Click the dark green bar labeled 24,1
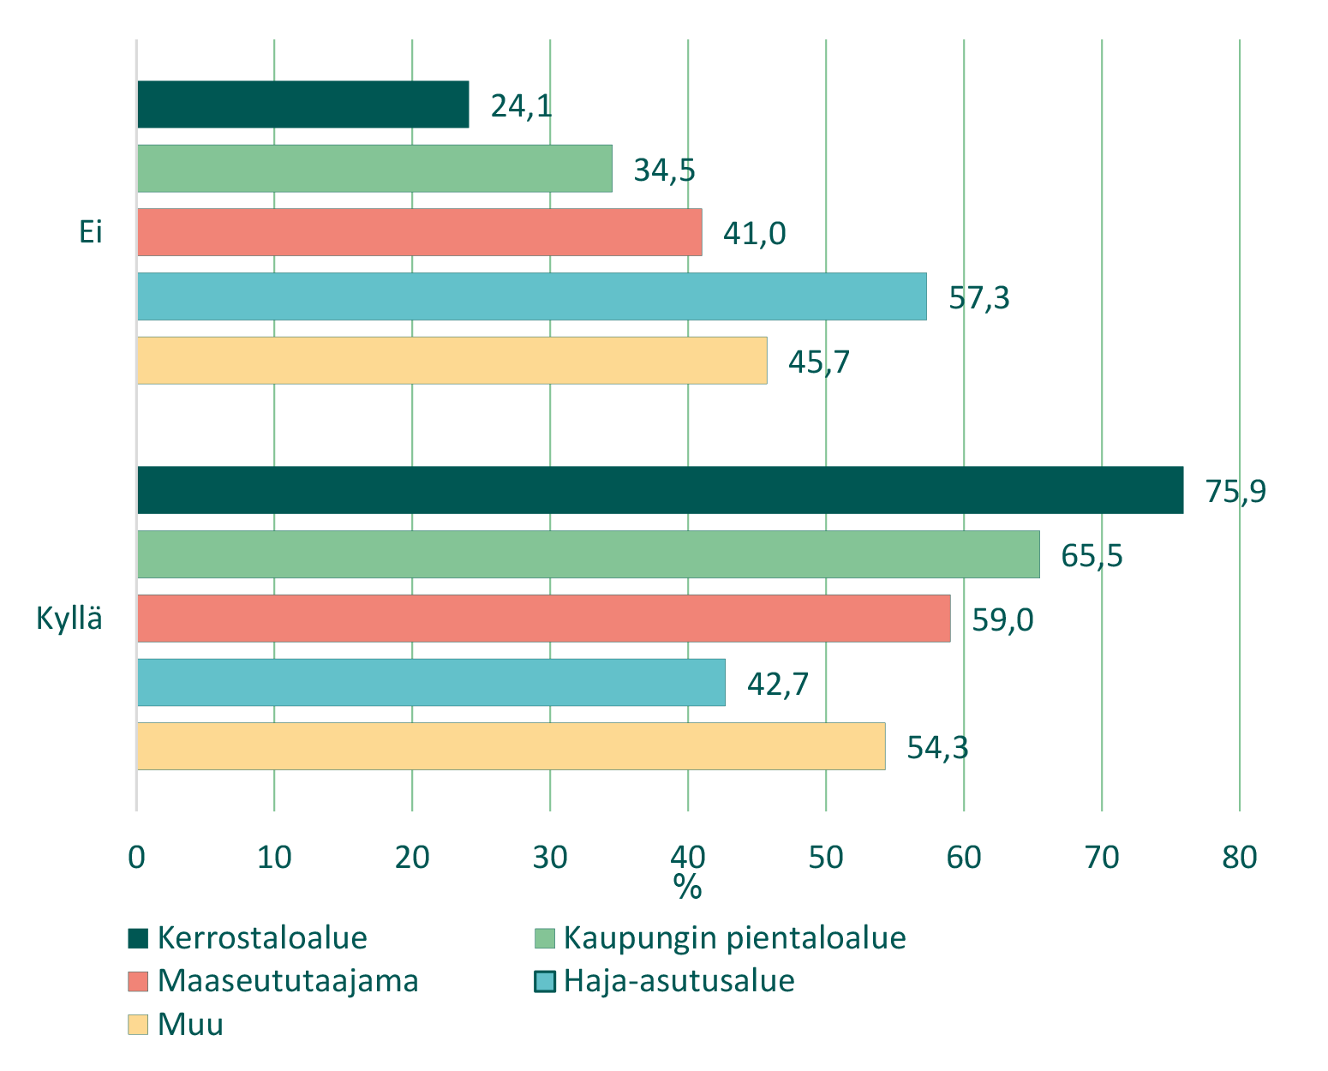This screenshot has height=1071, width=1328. pyautogui.click(x=303, y=105)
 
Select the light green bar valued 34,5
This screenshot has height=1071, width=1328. pyautogui.click(x=374, y=169)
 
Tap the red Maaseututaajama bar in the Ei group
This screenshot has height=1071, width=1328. pyautogui.click(x=420, y=232)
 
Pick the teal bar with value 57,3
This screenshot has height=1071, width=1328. pyautogui.click(x=532, y=296)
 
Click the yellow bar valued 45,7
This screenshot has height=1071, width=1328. pyautogui.click(x=452, y=361)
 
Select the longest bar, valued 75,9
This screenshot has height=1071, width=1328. pyautogui.click(x=660, y=490)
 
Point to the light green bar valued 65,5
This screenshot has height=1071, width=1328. pyautogui.click(x=589, y=554)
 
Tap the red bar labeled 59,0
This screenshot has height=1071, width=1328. pyautogui.click(x=544, y=619)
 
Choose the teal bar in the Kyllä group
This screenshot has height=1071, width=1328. pyautogui.click(x=431, y=683)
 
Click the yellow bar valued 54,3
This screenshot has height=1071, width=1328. pyautogui.click(x=511, y=746)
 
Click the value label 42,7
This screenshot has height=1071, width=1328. pyautogui.click(x=778, y=684)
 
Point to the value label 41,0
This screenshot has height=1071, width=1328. pyautogui.click(x=754, y=233)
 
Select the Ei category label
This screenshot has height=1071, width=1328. pyautogui.click(x=91, y=232)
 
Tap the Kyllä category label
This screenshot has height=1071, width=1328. pyautogui.click(x=69, y=619)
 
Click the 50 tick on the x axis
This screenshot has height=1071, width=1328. pyautogui.click(x=826, y=857)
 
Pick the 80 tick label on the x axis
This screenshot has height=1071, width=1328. pyautogui.click(x=1239, y=857)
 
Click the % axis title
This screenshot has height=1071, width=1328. pyautogui.click(x=687, y=888)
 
